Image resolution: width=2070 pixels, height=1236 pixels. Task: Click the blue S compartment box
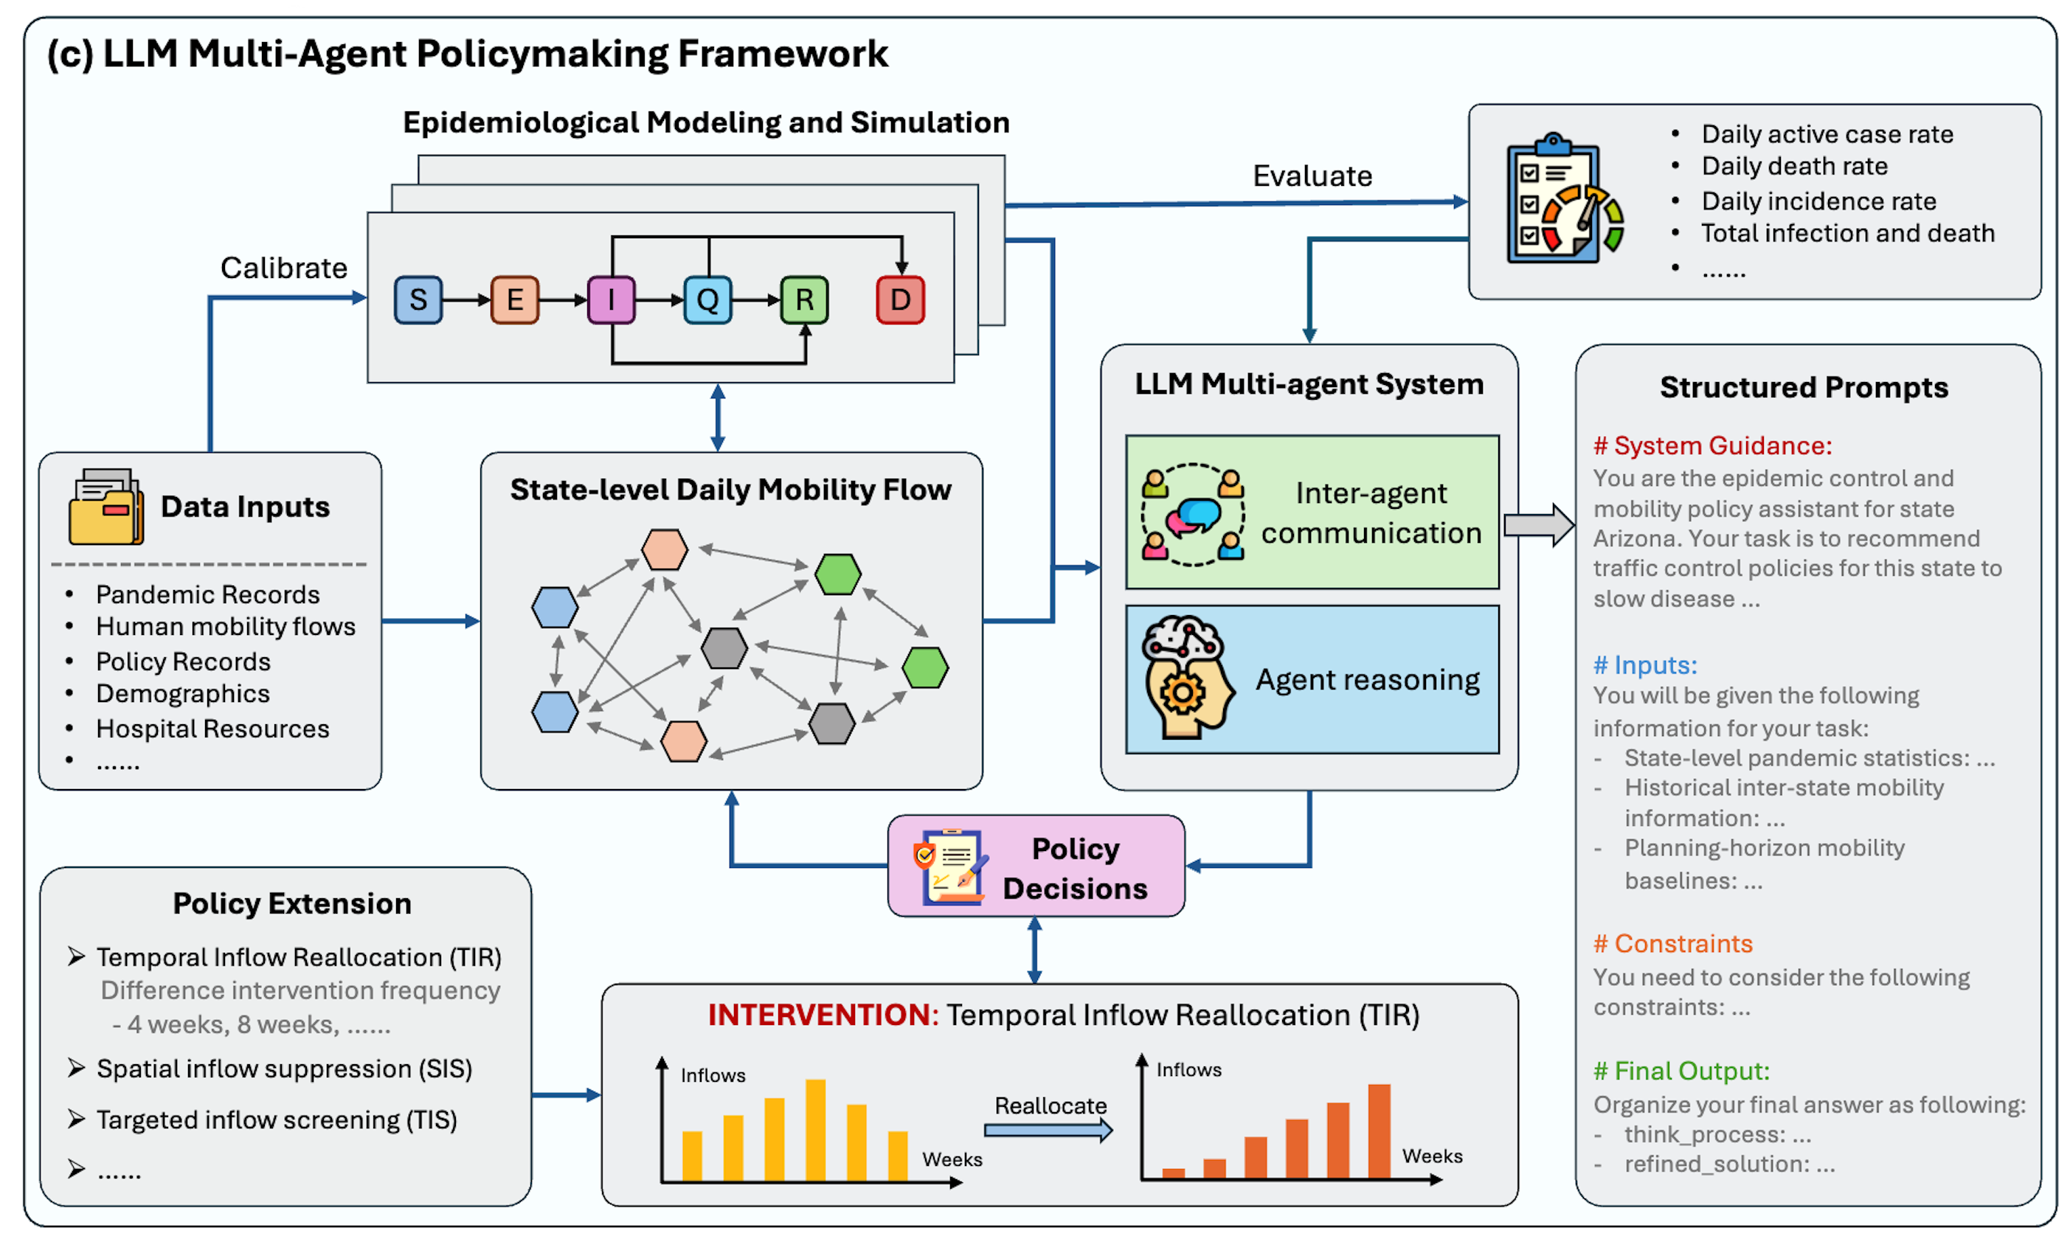[x=418, y=300]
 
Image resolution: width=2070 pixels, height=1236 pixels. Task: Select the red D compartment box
[x=901, y=300]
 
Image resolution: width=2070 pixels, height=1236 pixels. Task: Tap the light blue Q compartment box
[x=707, y=300]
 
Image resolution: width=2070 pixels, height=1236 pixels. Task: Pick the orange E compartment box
[x=515, y=300]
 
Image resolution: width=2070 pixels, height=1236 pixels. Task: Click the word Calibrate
[x=283, y=268]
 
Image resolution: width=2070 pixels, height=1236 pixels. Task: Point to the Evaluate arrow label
[x=1312, y=176]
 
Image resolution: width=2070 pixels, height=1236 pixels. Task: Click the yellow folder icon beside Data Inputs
[x=105, y=507]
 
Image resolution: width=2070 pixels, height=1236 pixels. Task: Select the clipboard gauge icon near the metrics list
[x=1563, y=200]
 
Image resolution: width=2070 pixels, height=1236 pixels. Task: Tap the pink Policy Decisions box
[x=1036, y=867]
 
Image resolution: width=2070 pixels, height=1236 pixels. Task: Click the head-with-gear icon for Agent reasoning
[x=1185, y=678]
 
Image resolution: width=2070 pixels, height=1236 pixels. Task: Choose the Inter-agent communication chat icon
[x=1192, y=515]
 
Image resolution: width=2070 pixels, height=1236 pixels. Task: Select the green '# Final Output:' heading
[x=1681, y=1071]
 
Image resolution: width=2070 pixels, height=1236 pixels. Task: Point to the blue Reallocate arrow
[x=1048, y=1131]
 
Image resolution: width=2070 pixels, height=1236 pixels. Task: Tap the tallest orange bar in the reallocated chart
[x=1379, y=1131]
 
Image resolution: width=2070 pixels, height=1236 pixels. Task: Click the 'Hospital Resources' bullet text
[x=212, y=729]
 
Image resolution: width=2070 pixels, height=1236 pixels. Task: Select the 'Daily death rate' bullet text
[x=1794, y=167]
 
